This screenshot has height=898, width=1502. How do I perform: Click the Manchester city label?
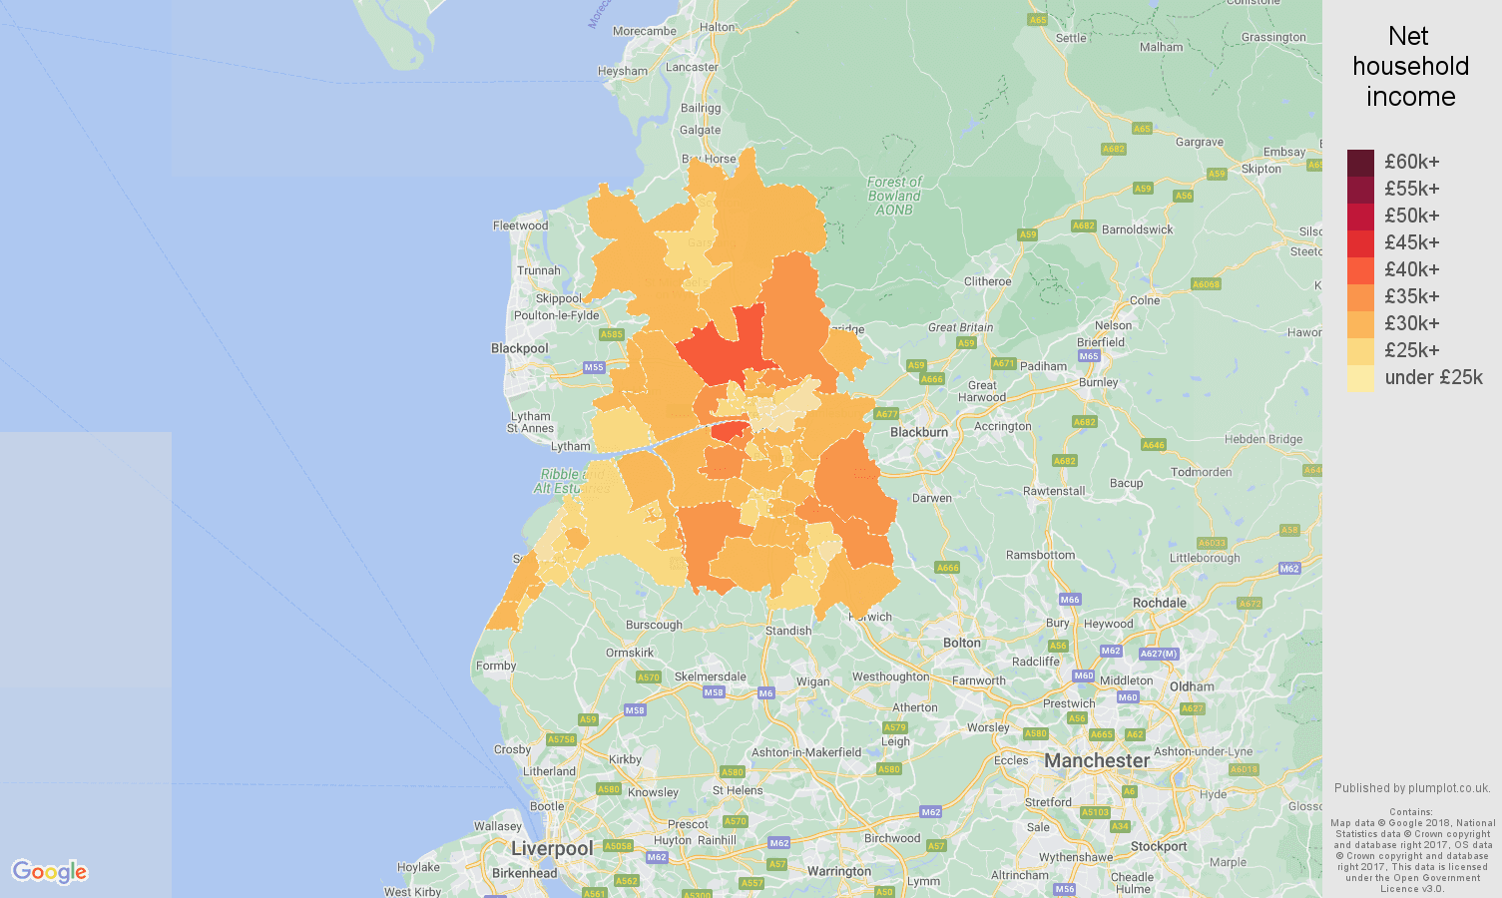pos(1097,760)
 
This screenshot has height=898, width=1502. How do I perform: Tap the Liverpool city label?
pos(552,848)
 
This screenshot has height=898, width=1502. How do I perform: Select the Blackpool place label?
pos(519,348)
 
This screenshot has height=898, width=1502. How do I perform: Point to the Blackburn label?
pos(919,432)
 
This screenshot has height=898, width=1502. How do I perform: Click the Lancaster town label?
pos(692,67)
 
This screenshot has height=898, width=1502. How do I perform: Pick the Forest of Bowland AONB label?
pos(894,196)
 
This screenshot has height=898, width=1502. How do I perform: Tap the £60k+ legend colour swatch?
pos(1360,162)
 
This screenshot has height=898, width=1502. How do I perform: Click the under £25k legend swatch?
pos(1360,377)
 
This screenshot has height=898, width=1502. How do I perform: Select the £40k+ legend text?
pos(1411,269)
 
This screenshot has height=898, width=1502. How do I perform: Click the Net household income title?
pos(1410,66)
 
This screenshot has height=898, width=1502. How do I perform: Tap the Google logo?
pos(50,871)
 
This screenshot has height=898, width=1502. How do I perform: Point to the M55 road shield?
pos(594,367)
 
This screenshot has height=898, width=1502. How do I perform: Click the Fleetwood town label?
pos(520,225)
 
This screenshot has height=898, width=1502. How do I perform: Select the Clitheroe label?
pos(987,281)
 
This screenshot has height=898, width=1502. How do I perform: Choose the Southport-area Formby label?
pos(496,666)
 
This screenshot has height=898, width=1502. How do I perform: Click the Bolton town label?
pos(962,643)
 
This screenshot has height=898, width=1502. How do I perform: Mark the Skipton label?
pos(1261,169)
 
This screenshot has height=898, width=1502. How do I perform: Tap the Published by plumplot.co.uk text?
pos(1411,787)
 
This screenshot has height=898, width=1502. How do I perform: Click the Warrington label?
pos(838,871)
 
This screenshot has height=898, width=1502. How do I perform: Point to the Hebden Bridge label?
pos(1262,439)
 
